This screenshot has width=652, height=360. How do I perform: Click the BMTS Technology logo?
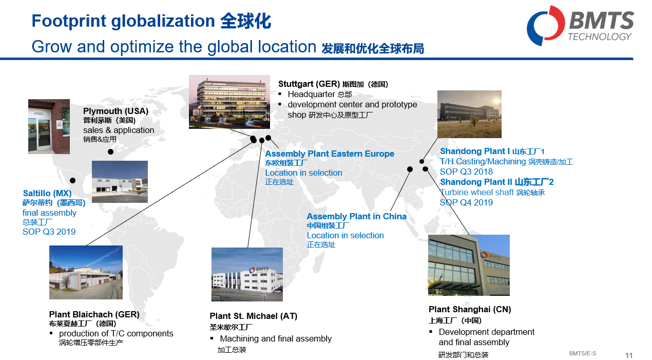coord(580,26)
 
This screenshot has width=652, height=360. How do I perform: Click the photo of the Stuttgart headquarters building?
coord(229,102)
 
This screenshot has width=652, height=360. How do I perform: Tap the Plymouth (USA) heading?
coord(116,111)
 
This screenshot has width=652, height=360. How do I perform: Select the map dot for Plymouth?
coord(110,151)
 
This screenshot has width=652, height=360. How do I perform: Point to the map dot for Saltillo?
coord(73,181)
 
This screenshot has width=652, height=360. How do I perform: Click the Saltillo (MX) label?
coord(47,193)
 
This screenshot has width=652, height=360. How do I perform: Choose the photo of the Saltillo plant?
coord(120,182)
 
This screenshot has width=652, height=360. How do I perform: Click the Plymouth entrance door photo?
coord(49,126)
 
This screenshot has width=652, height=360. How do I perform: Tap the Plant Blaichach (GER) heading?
coord(94,314)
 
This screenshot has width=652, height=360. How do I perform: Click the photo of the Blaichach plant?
coord(86,272)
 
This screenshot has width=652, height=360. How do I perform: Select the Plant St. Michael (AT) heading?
coord(253,316)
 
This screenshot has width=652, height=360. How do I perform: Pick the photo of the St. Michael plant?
coord(247,274)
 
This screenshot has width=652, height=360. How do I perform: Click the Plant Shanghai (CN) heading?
coord(470,309)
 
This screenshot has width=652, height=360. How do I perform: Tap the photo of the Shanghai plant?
coord(469,265)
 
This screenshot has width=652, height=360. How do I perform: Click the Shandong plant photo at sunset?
coord(469,114)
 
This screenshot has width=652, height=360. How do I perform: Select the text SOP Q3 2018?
coord(466,172)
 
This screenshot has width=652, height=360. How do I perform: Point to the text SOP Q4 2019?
coord(466,202)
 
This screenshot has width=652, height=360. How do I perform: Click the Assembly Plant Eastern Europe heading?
coord(330,154)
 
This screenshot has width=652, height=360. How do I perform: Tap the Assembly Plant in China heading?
coord(357,216)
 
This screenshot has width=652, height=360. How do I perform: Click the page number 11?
coord(629,355)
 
